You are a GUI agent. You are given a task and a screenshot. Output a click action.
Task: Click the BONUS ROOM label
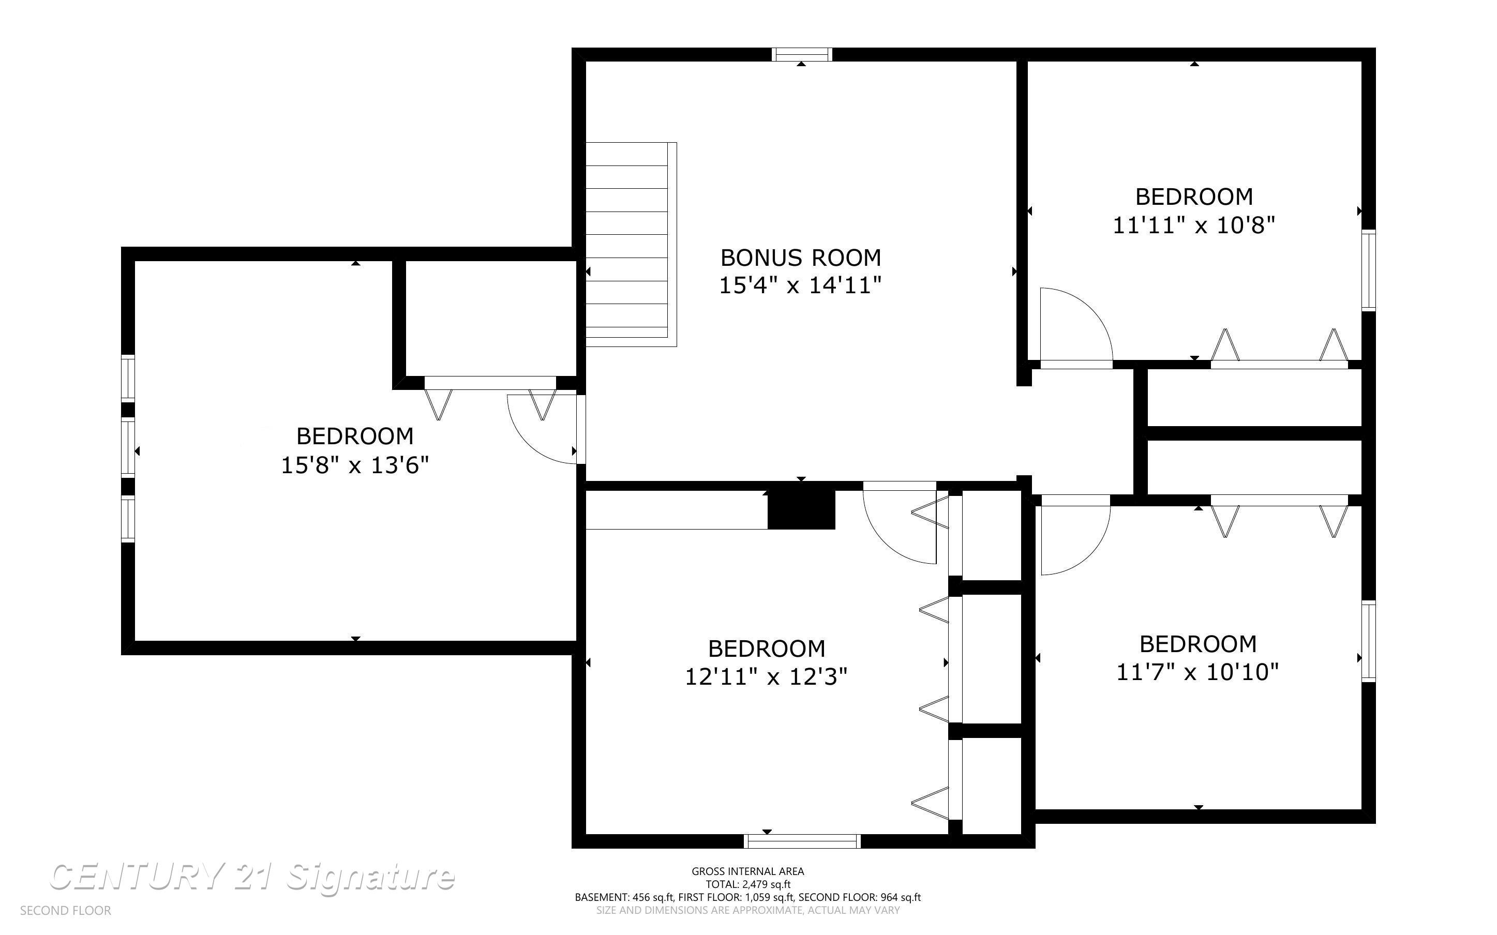point(800,257)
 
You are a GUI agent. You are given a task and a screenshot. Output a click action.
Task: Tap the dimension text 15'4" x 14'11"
point(800,285)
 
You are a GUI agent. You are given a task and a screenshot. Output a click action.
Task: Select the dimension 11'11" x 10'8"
point(1194,225)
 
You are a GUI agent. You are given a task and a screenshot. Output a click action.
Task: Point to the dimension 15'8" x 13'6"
point(355,465)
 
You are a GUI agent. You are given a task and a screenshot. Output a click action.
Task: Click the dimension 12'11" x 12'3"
point(766,677)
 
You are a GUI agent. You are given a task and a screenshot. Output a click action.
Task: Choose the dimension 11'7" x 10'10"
point(1197,672)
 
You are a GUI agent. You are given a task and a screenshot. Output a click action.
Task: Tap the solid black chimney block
point(801,509)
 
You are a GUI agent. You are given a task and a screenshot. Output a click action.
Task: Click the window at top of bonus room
point(802,54)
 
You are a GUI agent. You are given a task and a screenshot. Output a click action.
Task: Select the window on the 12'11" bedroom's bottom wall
point(802,841)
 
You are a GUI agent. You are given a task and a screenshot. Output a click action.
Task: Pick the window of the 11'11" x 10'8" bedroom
point(1369,270)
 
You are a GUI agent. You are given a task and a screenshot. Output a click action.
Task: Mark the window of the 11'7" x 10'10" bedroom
point(1369,641)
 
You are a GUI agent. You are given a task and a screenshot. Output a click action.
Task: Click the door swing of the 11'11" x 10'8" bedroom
point(1076,328)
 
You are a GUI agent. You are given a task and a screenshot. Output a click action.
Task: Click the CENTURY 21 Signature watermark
point(252,877)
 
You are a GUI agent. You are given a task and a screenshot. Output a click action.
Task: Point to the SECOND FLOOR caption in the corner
point(66,911)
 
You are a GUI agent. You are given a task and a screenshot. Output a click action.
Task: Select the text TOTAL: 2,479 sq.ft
point(748,884)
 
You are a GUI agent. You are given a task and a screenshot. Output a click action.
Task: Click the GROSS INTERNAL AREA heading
point(748,871)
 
